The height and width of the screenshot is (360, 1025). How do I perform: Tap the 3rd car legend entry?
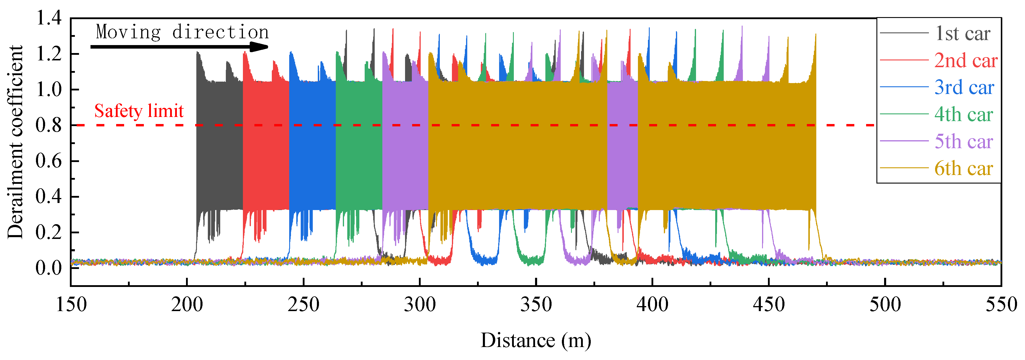pyautogui.click(x=964, y=87)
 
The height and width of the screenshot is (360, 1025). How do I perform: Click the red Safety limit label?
pyautogui.click(x=139, y=111)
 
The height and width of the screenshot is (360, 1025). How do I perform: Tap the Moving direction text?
pyautogui.click(x=182, y=32)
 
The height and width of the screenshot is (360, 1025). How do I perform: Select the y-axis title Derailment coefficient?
pyautogui.click(x=15, y=142)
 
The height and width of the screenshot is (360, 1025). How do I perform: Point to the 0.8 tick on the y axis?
pyautogui.click(x=49, y=125)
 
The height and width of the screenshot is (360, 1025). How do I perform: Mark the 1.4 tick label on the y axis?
pyautogui.click(x=49, y=18)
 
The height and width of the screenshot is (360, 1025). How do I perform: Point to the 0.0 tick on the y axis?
pyautogui.click(x=49, y=268)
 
